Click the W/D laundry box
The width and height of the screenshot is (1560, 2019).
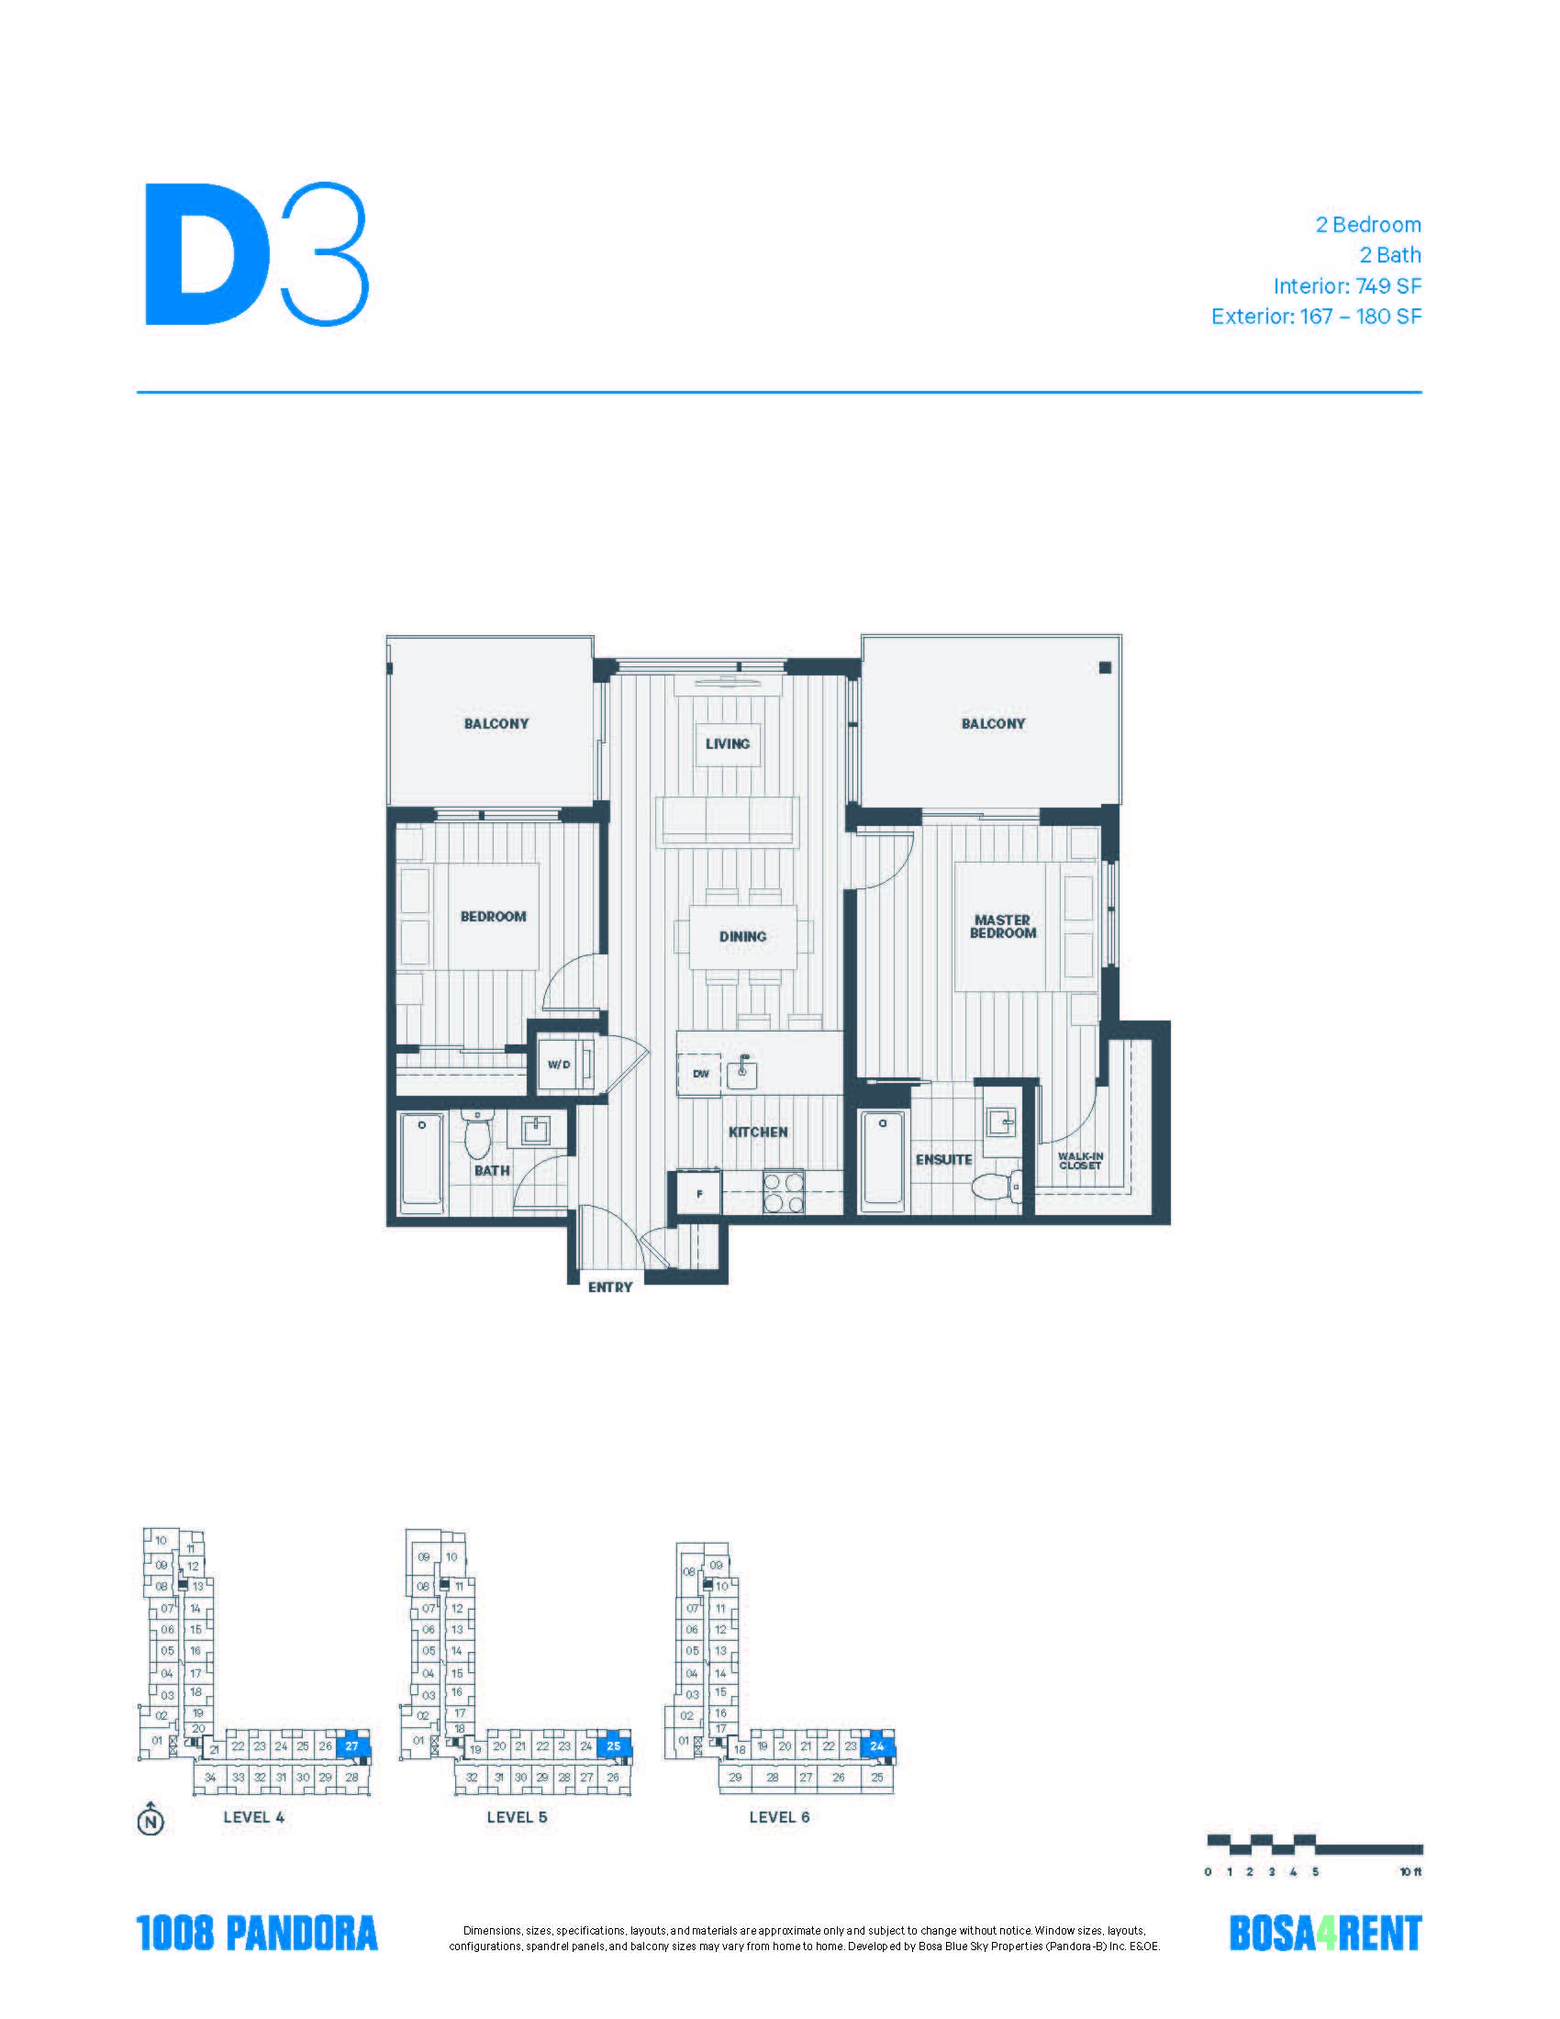click(x=559, y=1064)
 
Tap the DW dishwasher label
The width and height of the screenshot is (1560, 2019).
click(x=701, y=1074)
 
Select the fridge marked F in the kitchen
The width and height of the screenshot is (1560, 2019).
click(x=699, y=1192)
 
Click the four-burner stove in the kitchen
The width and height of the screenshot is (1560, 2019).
click(x=783, y=1191)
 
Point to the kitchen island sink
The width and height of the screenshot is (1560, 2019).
click(x=742, y=1075)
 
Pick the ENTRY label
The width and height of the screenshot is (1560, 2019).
click(x=610, y=1287)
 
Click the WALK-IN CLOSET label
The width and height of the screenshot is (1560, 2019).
click(x=1080, y=1161)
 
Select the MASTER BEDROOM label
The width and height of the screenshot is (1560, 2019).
click(x=1003, y=926)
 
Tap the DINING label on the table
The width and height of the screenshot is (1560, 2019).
click(x=743, y=936)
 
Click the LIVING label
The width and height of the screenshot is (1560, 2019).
click(x=728, y=743)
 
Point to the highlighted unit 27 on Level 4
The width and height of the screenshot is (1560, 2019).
click(x=352, y=1746)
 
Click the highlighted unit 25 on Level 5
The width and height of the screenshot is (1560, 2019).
click(x=614, y=1746)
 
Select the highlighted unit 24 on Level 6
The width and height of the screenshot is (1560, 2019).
click(x=877, y=1746)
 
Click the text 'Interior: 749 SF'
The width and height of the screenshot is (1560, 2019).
click(x=1346, y=285)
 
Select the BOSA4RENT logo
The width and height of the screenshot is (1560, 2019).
click(x=1324, y=1933)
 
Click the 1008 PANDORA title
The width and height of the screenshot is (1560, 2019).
click(x=257, y=1933)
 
